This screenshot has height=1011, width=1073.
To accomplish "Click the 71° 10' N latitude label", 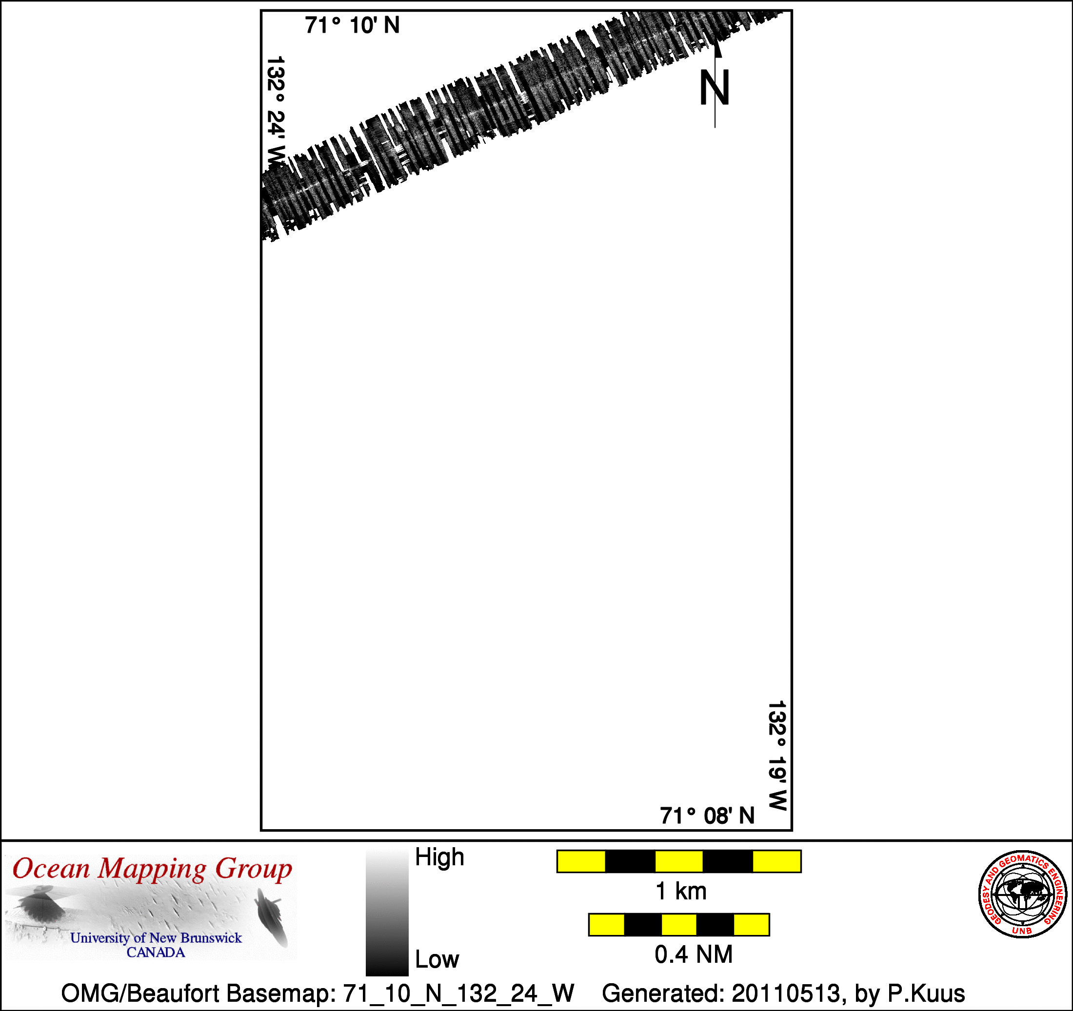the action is (352, 25).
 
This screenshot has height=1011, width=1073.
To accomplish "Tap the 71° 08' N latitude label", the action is (707, 816).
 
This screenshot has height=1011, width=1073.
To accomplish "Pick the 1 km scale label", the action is (680, 891).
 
